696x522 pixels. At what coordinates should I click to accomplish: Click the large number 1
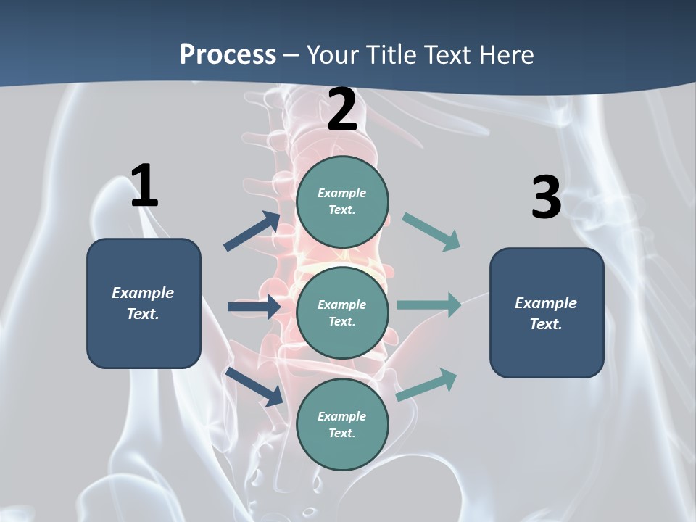(x=144, y=186)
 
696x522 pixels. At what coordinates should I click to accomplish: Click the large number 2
(x=342, y=109)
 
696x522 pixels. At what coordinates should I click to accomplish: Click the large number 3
(x=546, y=197)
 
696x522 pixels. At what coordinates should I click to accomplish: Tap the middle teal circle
(x=342, y=312)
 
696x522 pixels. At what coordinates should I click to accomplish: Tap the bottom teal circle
(x=342, y=424)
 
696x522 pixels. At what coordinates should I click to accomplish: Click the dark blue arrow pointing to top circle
(x=252, y=231)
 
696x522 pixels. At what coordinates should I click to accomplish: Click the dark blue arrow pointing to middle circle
(x=254, y=307)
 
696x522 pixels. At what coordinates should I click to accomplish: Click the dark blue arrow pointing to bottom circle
(x=254, y=386)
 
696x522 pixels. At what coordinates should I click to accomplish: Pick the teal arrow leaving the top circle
(x=431, y=232)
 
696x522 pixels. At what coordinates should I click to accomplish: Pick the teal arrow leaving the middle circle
(x=429, y=304)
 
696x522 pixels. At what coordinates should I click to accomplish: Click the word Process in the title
(x=228, y=54)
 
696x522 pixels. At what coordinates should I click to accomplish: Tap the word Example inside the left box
(x=143, y=292)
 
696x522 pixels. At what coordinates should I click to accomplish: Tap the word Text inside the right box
(x=546, y=324)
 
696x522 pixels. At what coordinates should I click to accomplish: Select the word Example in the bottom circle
(x=341, y=416)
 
